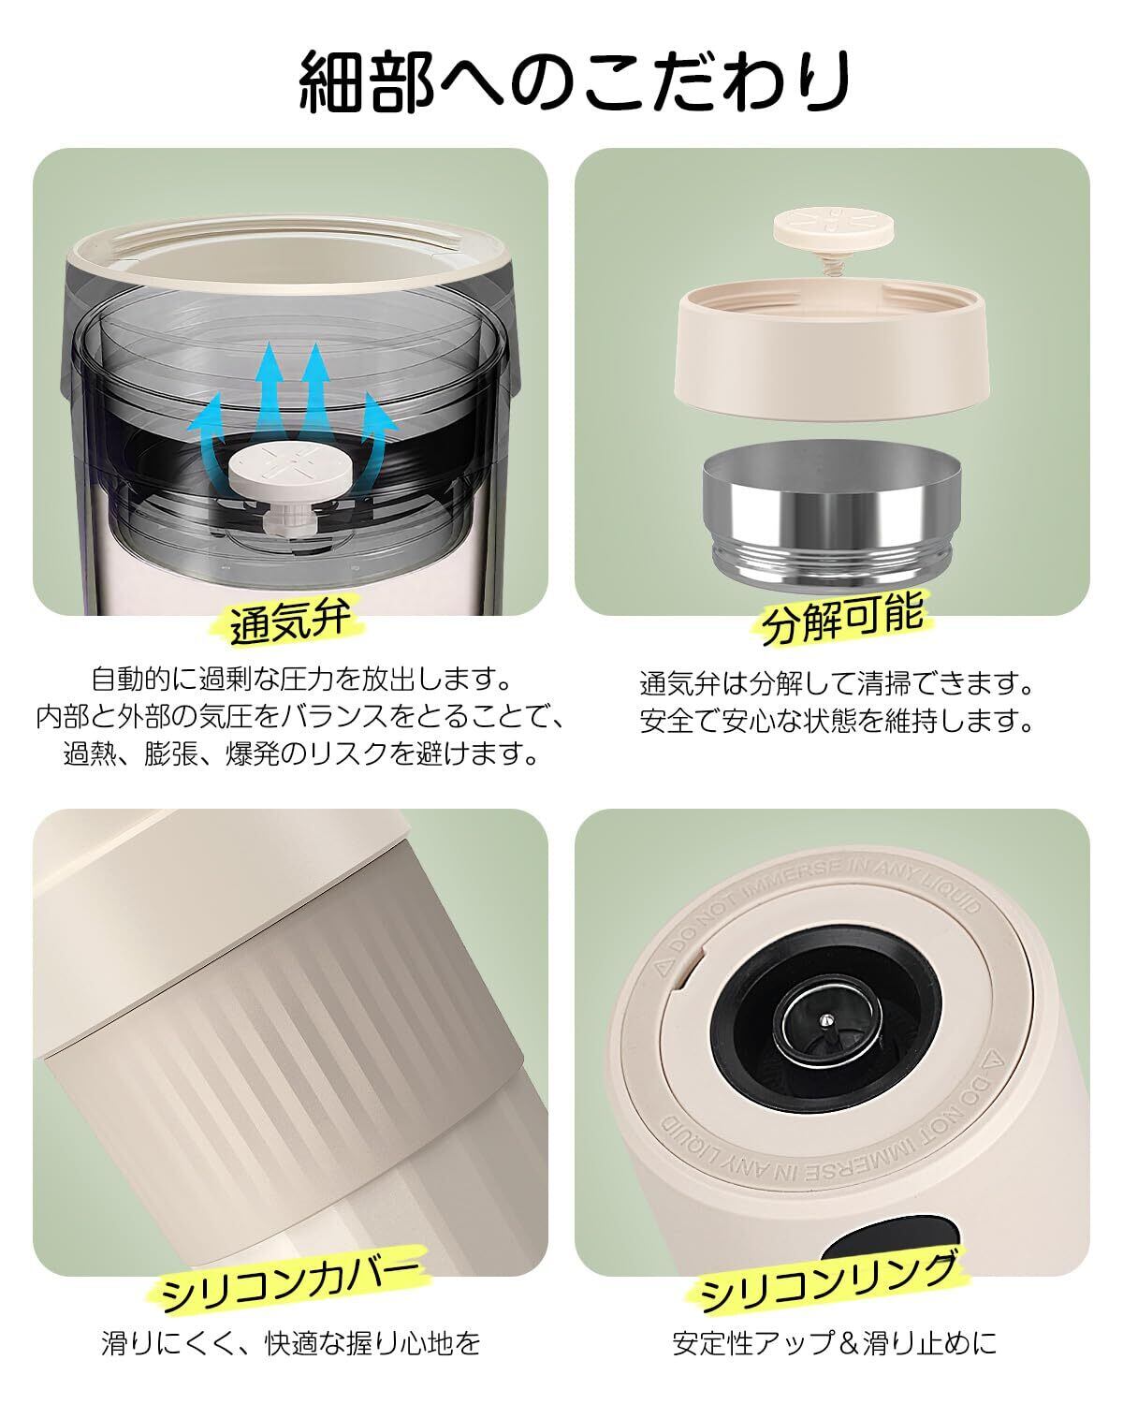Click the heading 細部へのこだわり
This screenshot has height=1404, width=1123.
coord(575,80)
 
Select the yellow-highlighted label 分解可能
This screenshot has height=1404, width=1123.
coord(842,617)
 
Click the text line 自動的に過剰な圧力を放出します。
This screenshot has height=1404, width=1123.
coord(301,680)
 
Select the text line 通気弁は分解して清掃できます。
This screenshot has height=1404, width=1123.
coord(837,683)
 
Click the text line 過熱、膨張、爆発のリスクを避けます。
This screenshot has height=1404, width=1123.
coord(301,753)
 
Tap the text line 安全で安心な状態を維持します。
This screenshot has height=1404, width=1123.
coord(837,721)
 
